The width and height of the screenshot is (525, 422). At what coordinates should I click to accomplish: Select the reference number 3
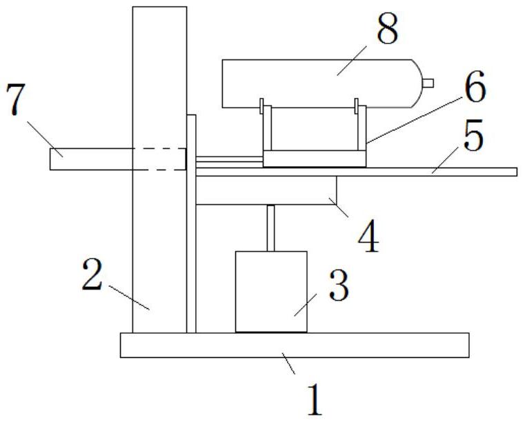tap(338, 285)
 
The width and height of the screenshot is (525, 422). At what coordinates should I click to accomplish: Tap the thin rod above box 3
tap(271, 228)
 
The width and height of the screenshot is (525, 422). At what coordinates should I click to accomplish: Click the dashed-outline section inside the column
tap(159, 159)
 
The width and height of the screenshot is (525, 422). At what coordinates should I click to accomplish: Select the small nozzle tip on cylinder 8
tap(428, 83)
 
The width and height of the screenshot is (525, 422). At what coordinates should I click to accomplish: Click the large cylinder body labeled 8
tap(317, 83)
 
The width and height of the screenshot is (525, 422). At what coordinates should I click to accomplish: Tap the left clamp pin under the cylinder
tap(263, 107)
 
